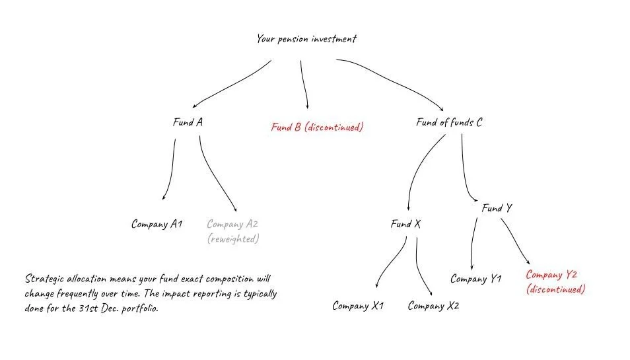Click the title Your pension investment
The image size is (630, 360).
pos(306,39)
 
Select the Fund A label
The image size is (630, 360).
pos(187,122)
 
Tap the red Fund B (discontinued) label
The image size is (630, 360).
pos(317,127)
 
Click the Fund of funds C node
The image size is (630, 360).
pos(449,122)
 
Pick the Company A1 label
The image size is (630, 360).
pos(157,224)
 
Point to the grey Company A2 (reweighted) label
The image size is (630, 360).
pos(233,231)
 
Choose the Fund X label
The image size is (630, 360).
pos(405,225)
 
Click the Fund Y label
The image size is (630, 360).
pos(497,208)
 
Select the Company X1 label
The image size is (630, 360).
pos(358,306)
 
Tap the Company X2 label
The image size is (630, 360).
pos(433,306)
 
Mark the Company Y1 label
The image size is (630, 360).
pos(476,279)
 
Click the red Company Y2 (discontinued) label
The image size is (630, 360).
pos(555,282)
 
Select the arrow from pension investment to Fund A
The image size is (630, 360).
pos(231,84)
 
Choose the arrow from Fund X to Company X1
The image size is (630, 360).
pos(391,264)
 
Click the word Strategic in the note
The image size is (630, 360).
pos(46,279)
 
